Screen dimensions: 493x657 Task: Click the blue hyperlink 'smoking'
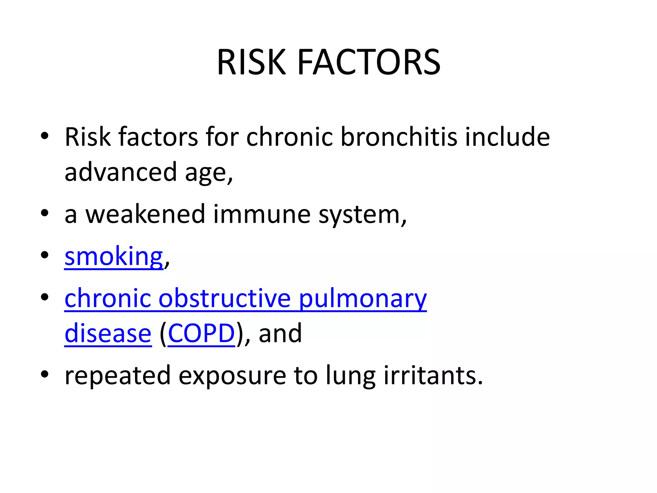[114, 257]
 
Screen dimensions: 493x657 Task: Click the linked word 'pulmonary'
[363, 298]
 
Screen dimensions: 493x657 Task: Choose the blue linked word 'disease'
[108, 334]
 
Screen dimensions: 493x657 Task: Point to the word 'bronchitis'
[398, 137]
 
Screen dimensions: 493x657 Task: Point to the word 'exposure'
[232, 376]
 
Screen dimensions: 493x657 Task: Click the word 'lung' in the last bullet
[350, 376]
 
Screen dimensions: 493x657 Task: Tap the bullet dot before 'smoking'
[45, 255]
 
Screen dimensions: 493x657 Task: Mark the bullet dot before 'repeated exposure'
[45, 374]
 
